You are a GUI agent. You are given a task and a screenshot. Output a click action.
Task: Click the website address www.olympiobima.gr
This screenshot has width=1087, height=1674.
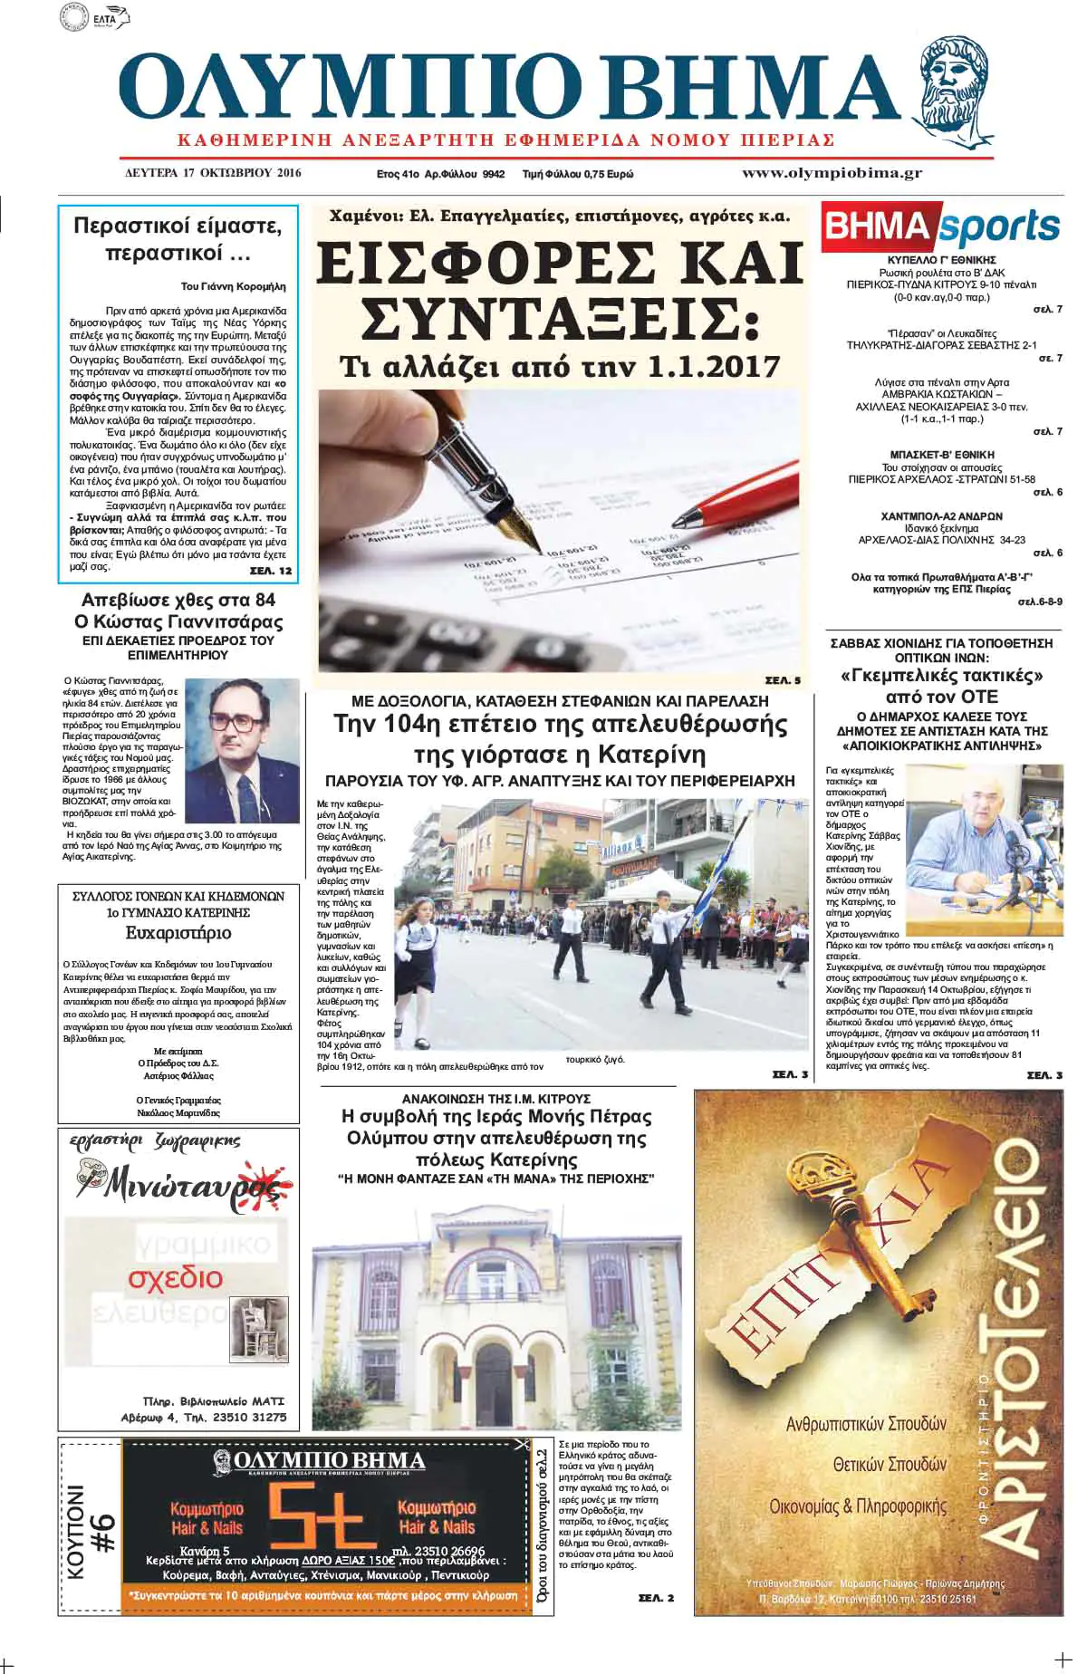click(x=832, y=173)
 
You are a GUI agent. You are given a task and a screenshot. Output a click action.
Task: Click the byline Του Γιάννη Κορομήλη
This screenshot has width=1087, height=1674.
click(x=233, y=286)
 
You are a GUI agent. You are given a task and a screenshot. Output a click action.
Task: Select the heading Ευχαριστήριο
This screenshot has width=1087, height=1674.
click(x=178, y=933)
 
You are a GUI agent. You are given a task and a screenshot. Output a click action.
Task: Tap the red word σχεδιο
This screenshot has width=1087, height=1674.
click(x=175, y=1277)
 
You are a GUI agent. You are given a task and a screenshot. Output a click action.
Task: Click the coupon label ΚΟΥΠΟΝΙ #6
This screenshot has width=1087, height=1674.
click(x=90, y=1532)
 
